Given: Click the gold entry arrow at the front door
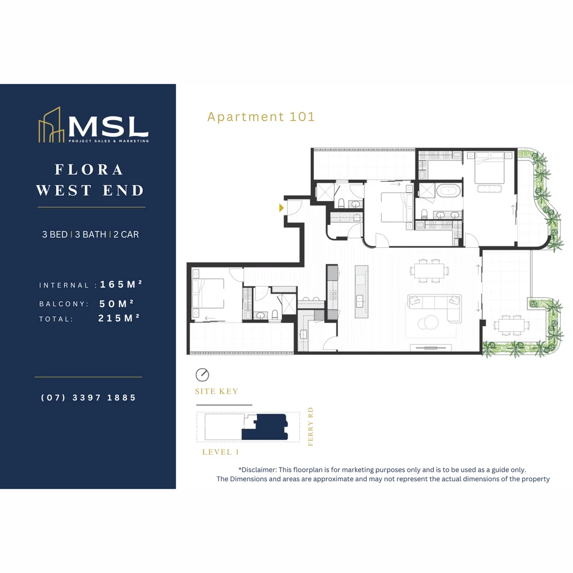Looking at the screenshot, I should (x=282, y=208).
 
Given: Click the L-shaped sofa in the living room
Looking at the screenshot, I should (x=435, y=307).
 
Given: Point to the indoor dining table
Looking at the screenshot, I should (x=429, y=270).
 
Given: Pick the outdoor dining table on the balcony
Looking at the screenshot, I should (x=511, y=324).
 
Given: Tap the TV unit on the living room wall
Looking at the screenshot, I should (x=431, y=348).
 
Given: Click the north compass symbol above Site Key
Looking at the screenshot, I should (x=202, y=375).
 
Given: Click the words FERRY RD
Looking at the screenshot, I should (x=311, y=426).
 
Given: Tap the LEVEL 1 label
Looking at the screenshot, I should (x=221, y=452).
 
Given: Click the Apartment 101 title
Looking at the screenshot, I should (x=261, y=117).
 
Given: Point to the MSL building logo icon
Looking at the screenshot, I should (x=51, y=126).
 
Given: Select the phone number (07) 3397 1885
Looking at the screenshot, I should (x=89, y=397).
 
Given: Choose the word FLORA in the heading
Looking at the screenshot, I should (x=89, y=170).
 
